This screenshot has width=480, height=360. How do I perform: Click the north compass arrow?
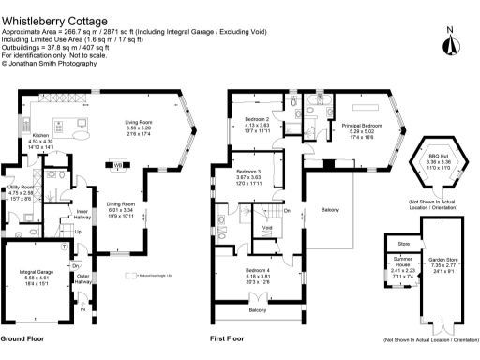451,42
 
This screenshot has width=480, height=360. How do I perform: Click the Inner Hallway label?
82,215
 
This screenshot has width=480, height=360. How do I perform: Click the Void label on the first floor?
266,228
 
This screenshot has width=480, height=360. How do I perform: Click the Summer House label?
401,270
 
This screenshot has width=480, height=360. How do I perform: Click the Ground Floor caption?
22,337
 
